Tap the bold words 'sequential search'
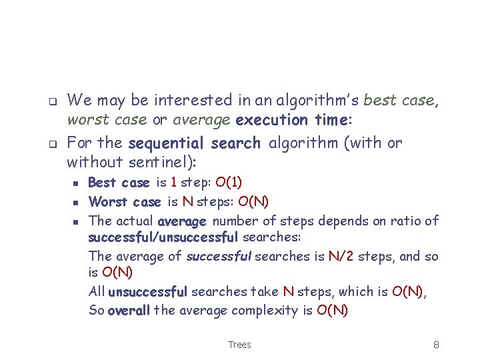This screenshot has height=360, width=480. (194, 143)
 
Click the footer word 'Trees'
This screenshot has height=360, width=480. (239, 345)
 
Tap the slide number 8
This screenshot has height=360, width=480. (435, 345)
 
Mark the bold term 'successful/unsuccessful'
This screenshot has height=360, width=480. (163, 237)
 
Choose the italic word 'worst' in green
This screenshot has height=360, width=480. (87, 120)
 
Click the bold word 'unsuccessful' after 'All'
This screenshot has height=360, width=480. (147, 291)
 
